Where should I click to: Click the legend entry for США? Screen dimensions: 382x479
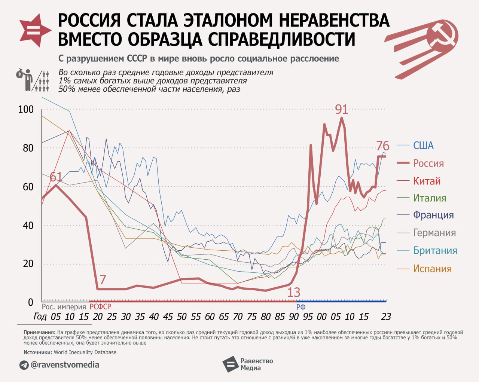pyautogui.click(x=423, y=146)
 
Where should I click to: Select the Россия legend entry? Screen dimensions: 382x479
pyautogui.click(x=428, y=164)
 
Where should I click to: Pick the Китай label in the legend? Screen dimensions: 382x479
pyautogui.click(x=427, y=181)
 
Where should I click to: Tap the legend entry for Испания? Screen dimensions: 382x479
pyautogui.click(x=432, y=269)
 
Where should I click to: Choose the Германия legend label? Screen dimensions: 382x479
pyautogui.click(x=434, y=233)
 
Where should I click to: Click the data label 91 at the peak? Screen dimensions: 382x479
pyautogui.click(x=341, y=110)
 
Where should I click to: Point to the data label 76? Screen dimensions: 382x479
pyautogui.click(x=382, y=146)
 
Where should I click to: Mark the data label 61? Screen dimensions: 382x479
pyautogui.click(x=56, y=177)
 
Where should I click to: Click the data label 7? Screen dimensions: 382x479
pyautogui.click(x=103, y=279)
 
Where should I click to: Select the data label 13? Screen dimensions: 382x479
pyautogui.click(x=294, y=292)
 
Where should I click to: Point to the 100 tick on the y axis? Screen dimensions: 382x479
pyautogui.click(x=26, y=110)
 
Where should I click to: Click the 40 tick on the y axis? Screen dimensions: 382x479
pyautogui.click(x=28, y=225)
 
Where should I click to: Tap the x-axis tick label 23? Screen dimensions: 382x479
pyautogui.click(x=386, y=317)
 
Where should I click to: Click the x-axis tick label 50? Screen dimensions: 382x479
pyautogui.click(x=181, y=317)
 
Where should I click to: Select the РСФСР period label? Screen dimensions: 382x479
pyautogui.click(x=100, y=307)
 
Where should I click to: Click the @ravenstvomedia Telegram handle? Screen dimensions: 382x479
pyautogui.click(x=64, y=364)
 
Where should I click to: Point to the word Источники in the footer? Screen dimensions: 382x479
pyautogui.click(x=38, y=352)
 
